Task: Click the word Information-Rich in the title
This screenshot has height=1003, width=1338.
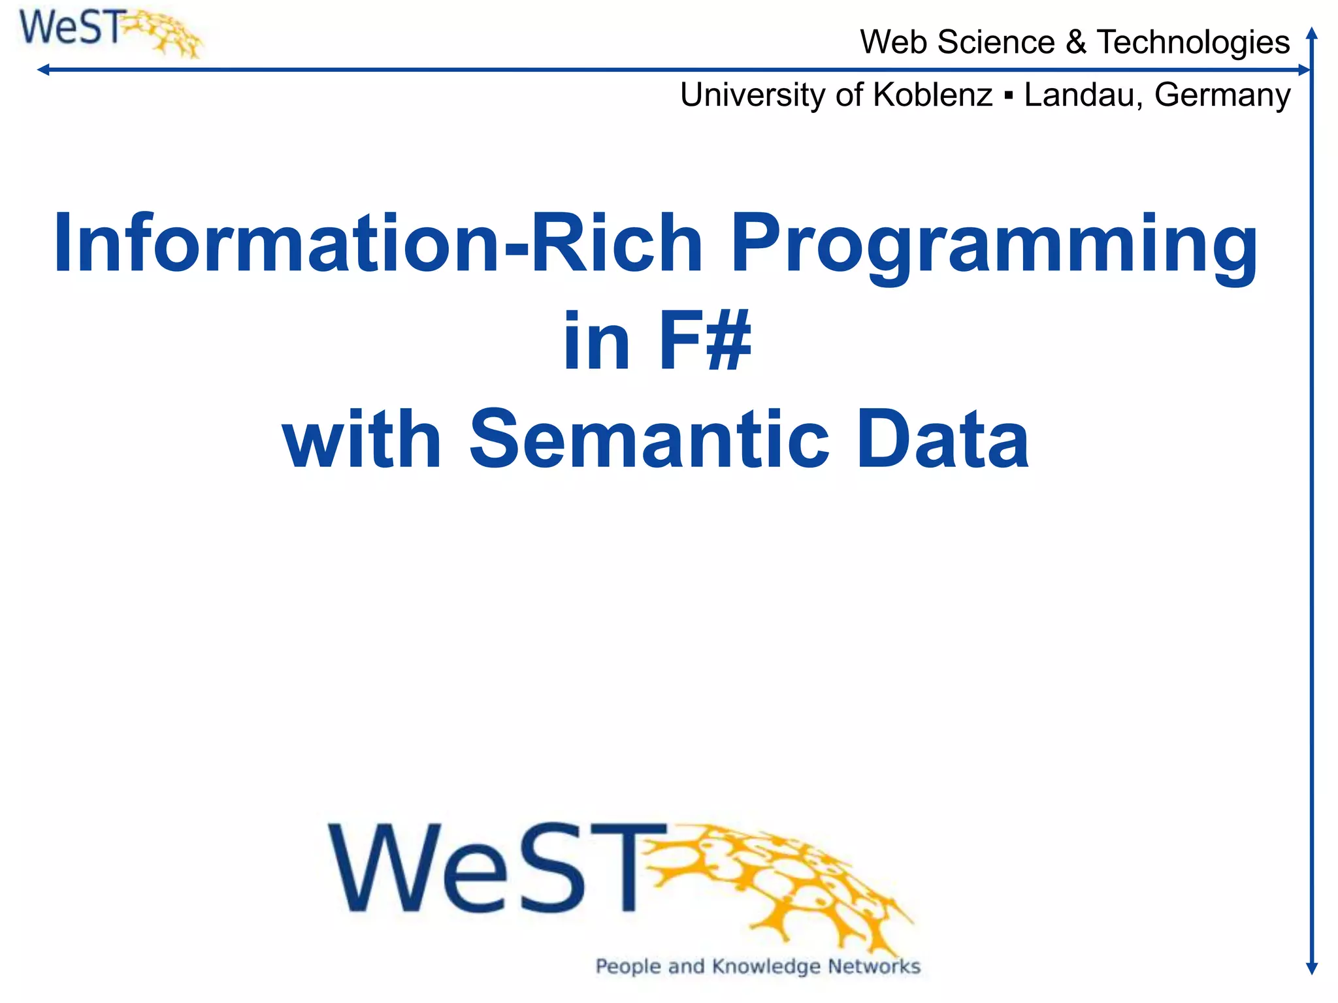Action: click(378, 243)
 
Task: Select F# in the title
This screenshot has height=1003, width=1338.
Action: click(705, 341)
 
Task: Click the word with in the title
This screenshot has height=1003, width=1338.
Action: click(363, 439)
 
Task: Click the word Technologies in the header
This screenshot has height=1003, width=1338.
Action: click(1193, 42)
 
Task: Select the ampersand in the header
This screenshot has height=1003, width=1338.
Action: click(1075, 42)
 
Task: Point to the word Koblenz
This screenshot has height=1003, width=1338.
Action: click(932, 95)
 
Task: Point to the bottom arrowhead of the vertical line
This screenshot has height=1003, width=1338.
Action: click(1311, 968)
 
